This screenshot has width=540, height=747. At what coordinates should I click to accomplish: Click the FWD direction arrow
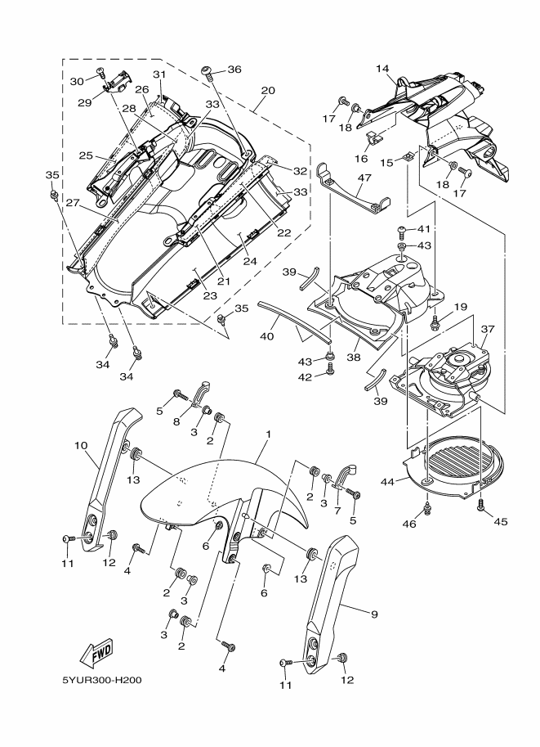pos(96,652)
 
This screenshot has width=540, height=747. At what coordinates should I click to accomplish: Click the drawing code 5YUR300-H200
pos(103,679)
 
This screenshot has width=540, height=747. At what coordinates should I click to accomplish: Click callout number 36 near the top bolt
pos(234,70)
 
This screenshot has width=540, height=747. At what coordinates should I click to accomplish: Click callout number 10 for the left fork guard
pos(82,446)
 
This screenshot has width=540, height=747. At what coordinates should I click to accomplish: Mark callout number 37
pos(489,329)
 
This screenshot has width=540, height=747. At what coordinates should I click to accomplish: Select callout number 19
pos(461,307)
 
